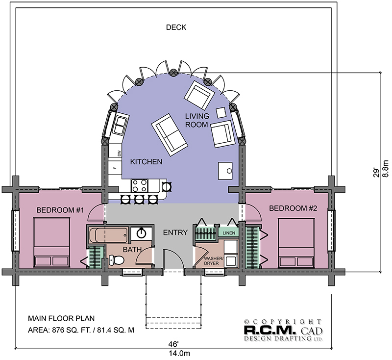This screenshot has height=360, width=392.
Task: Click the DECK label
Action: (176, 27)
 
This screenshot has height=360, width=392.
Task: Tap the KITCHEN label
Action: (146, 162)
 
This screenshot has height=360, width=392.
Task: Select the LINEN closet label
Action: (229, 233)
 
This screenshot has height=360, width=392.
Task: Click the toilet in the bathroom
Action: (117, 260)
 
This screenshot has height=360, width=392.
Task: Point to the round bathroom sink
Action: (142, 233)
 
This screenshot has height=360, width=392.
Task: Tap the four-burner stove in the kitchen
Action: (140, 185)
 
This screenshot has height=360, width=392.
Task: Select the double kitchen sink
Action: (120, 125)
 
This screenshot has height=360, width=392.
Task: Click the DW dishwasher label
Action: (119, 153)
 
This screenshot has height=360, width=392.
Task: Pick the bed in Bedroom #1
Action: (52, 242)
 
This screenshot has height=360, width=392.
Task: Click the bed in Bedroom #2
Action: (296, 243)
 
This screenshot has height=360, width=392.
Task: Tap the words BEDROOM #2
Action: (293, 208)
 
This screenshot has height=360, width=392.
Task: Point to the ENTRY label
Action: (175, 232)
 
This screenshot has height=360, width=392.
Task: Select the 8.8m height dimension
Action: (386, 168)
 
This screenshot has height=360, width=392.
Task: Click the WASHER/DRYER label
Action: (213, 260)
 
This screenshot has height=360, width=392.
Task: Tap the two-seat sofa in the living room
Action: (170, 135)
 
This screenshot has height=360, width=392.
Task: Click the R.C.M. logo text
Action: (269, 330)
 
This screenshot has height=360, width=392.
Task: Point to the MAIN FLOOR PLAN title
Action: (61, 318)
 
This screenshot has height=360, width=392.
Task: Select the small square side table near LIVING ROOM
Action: (221, 113)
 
